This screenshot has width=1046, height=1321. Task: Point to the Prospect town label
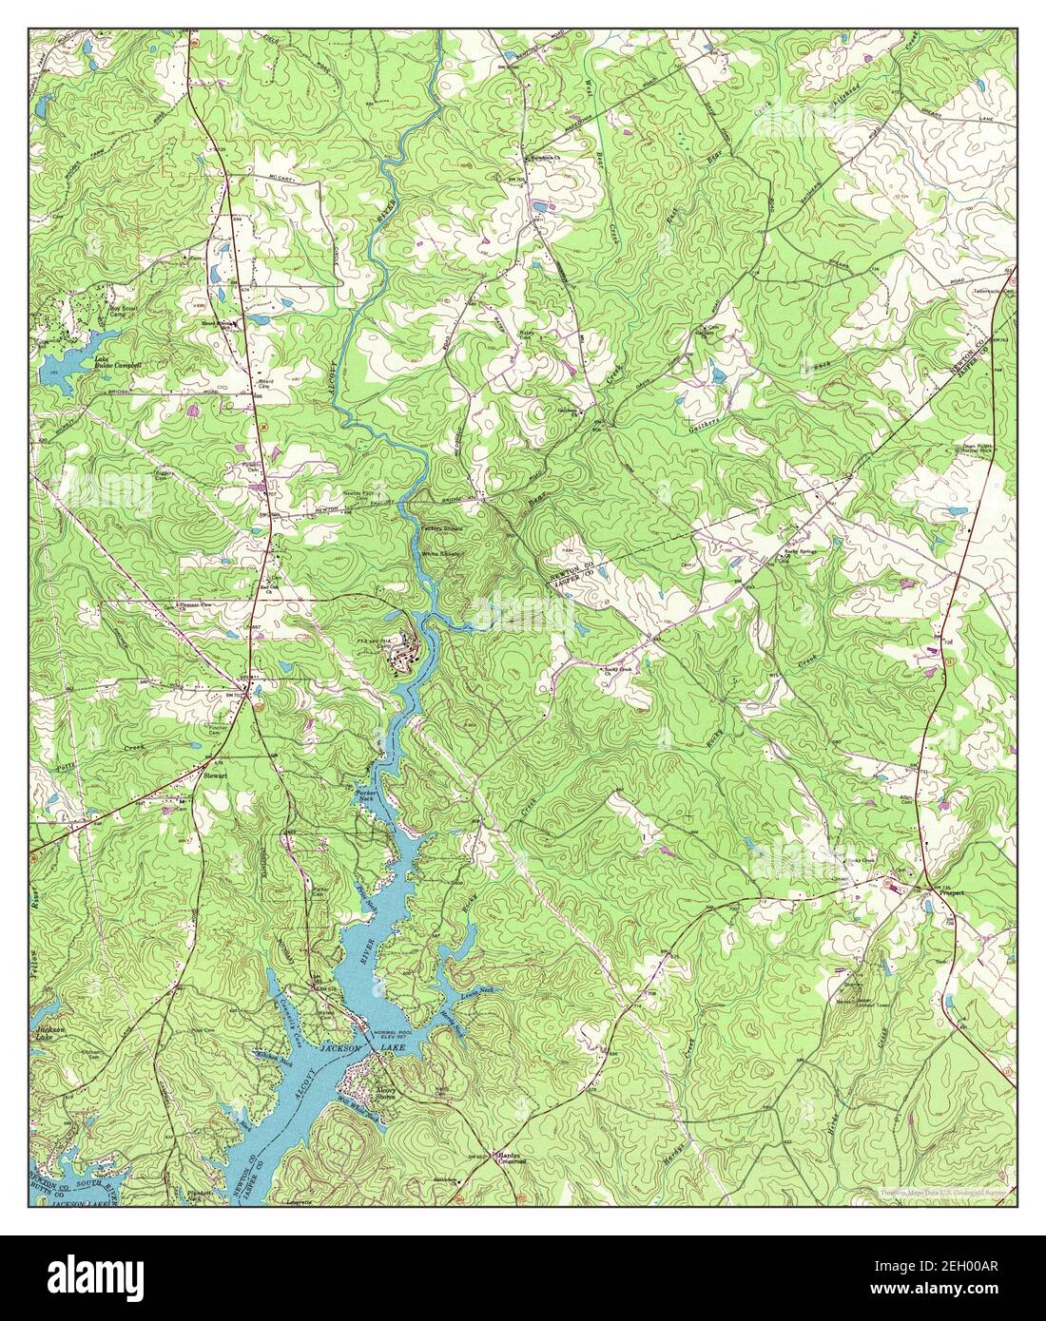tap(950, 894)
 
